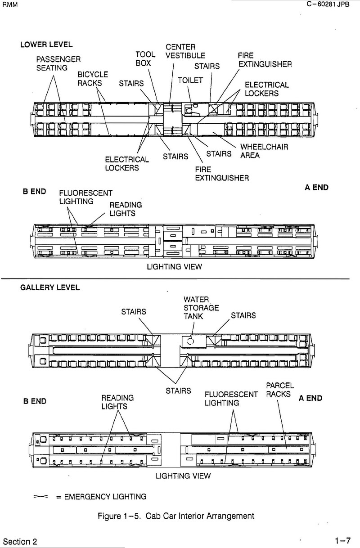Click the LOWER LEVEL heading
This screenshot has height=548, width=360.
tap(46, 45)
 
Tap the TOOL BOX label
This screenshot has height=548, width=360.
tap(145, 59)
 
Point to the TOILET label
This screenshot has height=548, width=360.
tap(190, 80)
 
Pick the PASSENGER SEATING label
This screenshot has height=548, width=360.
tap(58, 63)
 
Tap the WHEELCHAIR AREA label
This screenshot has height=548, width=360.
tap(264, 151)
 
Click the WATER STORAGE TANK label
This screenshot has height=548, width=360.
tap(201, 308)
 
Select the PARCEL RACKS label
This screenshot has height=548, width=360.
tap(279, 390)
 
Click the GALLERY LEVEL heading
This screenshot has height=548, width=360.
tap(50, 288)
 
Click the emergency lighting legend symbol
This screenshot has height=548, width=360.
tap(40, 497)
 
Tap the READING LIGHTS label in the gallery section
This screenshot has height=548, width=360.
tap(117, 402)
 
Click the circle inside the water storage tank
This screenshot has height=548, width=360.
tap(190, 341)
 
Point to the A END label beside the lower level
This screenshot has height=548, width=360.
tap(316, 188)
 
